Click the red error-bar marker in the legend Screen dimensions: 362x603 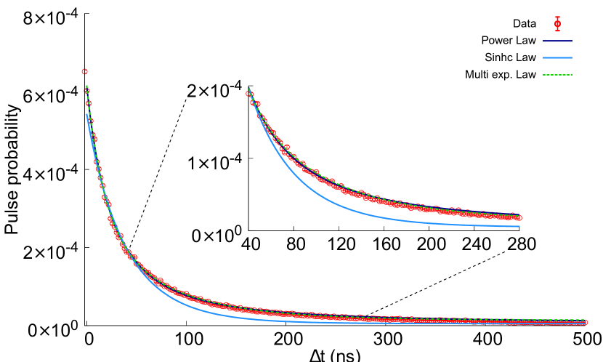pos(557,24)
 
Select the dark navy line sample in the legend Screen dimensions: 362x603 pos(557,41)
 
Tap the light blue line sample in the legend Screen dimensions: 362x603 pos(557,58)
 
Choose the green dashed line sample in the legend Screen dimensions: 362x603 pos(557,75)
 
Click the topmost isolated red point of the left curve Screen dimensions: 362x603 pos(85,71)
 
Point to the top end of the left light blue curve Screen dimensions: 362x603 pos(87,113)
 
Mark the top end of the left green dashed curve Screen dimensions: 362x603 pos(86,87)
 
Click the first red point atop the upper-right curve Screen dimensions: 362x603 pos(248,94)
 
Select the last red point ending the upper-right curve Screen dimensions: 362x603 pos(519,218)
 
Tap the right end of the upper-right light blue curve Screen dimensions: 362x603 pos(519,226)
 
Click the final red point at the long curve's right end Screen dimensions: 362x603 pos(586,323)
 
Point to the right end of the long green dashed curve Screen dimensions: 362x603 pos(586,319)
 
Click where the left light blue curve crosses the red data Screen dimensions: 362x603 pos(135,260)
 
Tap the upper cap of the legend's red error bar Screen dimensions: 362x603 pos(557,17)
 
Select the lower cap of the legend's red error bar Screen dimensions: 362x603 pos(557,31)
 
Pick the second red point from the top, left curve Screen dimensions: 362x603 pos(89,103)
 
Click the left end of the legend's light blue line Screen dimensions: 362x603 pos(543,58)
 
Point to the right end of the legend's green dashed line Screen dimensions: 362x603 pos(572,75)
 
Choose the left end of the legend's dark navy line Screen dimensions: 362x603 pos(543,41)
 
